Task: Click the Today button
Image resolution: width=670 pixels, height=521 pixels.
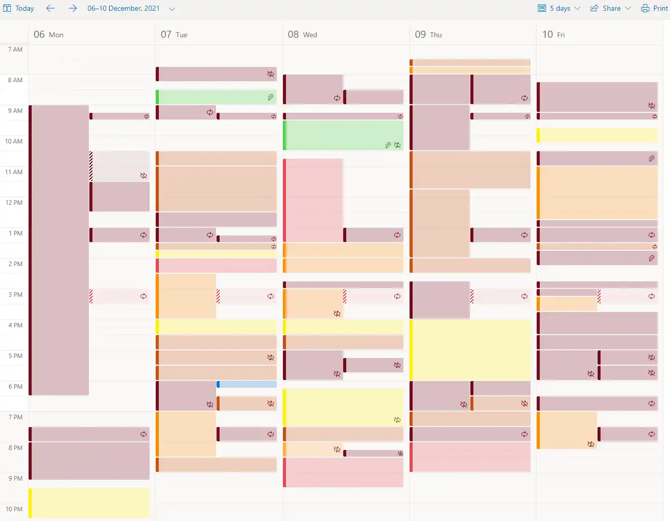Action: tap(19, 8)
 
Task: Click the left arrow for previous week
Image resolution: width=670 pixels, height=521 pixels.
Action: tap(50, 8)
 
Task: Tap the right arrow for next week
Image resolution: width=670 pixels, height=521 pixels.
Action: tap(73, 8)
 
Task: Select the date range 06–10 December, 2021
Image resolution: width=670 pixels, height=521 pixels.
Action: tap(124, 8)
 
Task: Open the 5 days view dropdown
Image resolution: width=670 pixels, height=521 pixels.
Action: tap(559, 8)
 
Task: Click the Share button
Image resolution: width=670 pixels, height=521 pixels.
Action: tap(611, 8)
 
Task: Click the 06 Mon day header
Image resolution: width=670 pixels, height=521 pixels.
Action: tap(49, 34)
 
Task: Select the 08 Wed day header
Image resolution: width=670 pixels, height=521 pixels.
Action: tap(302, 34)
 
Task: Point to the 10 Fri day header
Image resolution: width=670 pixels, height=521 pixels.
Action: tap(554, 34)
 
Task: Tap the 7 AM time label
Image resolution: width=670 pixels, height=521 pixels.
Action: tap(15, 50)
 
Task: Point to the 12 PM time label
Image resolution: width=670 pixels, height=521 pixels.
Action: tap(14, 203)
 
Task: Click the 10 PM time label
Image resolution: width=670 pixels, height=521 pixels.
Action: tap(14, 509)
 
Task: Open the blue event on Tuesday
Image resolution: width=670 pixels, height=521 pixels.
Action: tap(247, 384)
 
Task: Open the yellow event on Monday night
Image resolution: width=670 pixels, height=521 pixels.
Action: tap(89, 503)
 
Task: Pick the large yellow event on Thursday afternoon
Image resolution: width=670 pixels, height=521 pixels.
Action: tap(470, 349)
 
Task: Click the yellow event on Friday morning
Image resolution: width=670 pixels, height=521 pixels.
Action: tap(596, 135)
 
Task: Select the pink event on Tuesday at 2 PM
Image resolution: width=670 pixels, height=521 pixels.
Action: tap(216, 266)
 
